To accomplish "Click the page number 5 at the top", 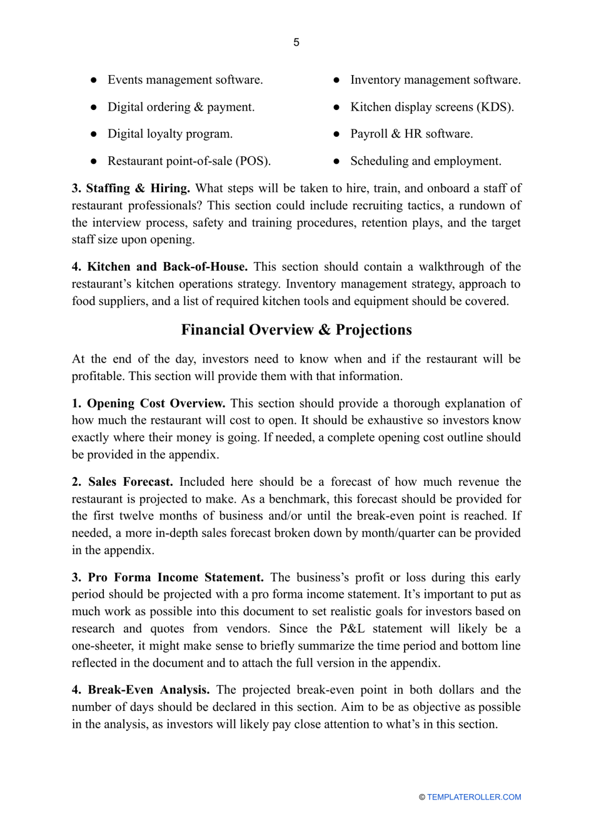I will (296, 43).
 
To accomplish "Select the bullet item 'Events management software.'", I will (185, 80).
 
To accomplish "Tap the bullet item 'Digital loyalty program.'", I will (169, 134).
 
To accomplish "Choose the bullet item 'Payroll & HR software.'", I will (411, 134).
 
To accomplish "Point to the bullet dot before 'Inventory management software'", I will (336, 80).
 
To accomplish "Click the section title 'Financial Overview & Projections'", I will (296, 330).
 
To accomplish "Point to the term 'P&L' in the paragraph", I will (352, 629).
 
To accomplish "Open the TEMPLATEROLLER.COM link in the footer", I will (473, 797).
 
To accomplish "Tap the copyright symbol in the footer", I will (422, 797).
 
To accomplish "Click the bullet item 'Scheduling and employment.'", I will (425, 161).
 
